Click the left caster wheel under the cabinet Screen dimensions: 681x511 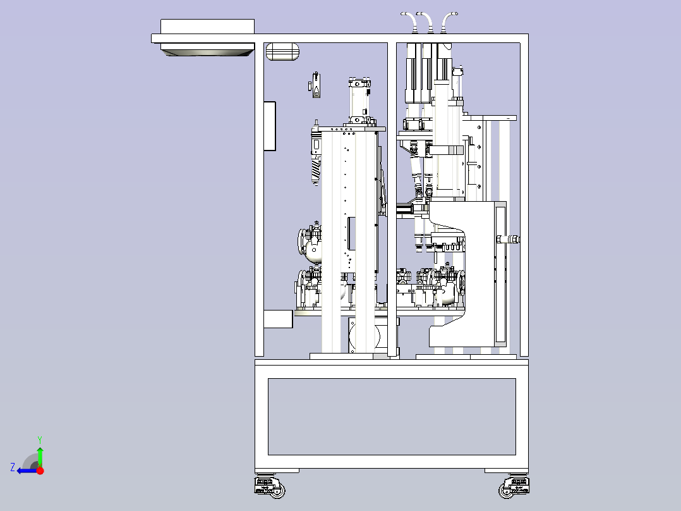pyautogui.click(x=270, y=487)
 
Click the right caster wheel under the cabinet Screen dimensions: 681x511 pyautogui.click(x=514, y=487)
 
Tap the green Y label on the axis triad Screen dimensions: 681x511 pyautogui.click(x=40, y=440)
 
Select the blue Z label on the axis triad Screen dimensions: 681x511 pyautogui.click(x=13, y=467)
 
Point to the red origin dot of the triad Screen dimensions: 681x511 pyautogui.click(x=40, y=470)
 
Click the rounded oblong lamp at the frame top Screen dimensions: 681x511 pyautogui.click(x=282, y=51)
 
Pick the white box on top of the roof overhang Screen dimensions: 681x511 pyautogui.click(x=208, y=26)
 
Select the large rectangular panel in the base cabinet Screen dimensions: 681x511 pyautogui.click(x=392, y=417)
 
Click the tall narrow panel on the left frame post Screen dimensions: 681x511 pyautogui.click(x=270, y=126)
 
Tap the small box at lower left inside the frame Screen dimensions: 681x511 pyautogui.click(x=279, y=319)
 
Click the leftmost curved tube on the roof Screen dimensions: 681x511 pyautogui.click(x=410, y=22)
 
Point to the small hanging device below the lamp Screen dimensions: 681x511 pyautogui.click(x=316, y=85)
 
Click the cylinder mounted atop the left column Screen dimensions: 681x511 pyautogui.click(x=359, y=102)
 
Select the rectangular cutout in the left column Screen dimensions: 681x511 pyautogui.click(x=352, y=234)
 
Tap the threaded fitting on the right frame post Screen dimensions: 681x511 pyautogui.click(x=509, y=239)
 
